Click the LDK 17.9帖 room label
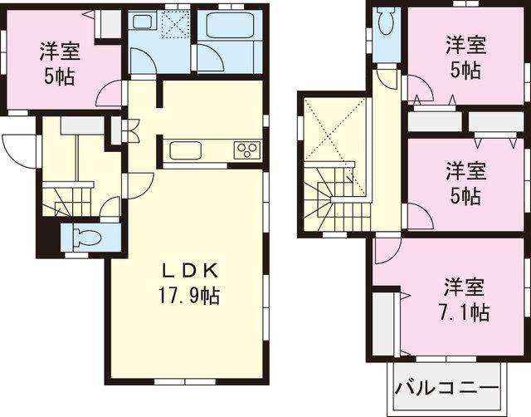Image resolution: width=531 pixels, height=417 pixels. click(189, 283)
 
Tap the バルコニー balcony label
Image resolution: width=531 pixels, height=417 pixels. click(446, 388)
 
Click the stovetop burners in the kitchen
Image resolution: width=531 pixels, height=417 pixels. click(246, 150)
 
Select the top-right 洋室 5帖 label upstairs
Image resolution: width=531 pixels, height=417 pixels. click(463, 55)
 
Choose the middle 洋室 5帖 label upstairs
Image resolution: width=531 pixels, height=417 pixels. click(463, 184)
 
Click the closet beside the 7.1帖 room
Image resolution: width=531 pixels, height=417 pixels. click(383, 324)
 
